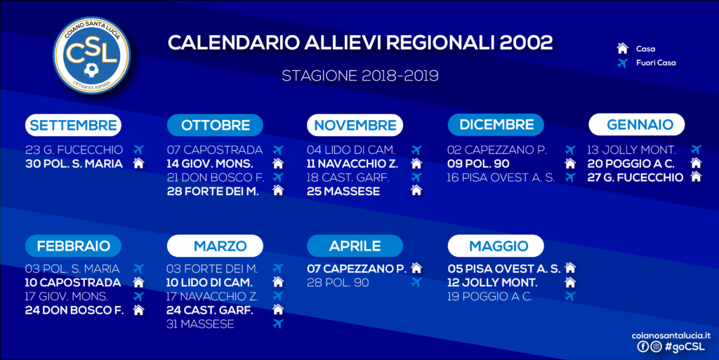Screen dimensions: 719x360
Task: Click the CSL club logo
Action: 92,55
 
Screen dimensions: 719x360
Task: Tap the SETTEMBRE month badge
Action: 73,125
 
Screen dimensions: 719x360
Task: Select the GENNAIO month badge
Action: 637,125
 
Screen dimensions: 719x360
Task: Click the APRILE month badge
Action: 355,246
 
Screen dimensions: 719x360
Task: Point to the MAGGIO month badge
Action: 496,246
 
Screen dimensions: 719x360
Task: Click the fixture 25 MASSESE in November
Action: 343,192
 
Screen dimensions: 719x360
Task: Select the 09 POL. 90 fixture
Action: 478,164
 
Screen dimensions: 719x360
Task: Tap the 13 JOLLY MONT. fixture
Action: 631,149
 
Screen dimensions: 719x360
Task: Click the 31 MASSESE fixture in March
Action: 200,324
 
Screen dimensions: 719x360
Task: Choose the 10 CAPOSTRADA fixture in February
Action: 73,283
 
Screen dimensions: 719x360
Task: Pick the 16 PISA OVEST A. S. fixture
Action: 501,178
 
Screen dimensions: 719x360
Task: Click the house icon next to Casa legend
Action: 622,48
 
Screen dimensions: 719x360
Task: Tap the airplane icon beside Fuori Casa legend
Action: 622,62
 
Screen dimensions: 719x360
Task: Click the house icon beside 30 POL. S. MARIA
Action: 138,164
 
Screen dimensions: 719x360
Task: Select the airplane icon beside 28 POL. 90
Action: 416,282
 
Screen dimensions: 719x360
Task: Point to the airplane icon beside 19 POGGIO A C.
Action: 570,296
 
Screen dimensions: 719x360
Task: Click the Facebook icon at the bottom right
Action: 643,347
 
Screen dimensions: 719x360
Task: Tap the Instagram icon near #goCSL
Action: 657,347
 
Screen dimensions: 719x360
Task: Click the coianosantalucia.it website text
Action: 671,335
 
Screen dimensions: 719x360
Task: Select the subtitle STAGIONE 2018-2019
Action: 360,76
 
